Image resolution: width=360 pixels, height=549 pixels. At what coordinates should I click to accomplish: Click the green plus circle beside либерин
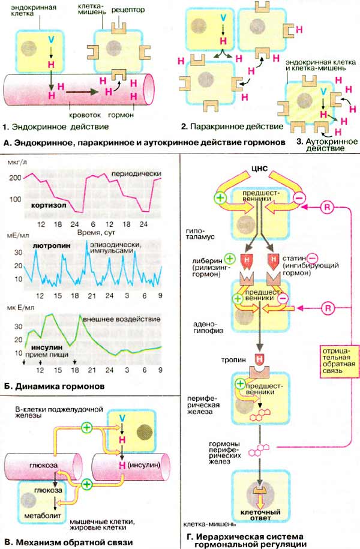(229, 259)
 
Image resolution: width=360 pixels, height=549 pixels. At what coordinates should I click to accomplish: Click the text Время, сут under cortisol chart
(94, 231)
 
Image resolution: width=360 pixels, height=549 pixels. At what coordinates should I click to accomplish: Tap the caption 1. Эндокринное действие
(56, 127)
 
